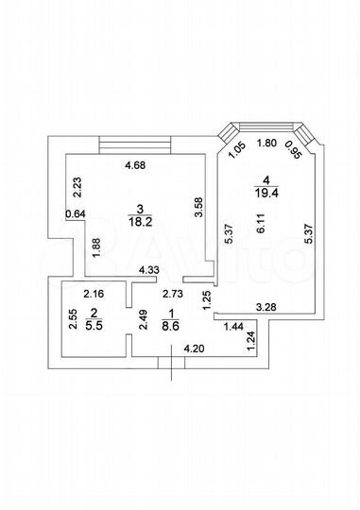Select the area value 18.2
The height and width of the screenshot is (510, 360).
(x=139, y=222)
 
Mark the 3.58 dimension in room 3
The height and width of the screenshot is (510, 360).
(x=197, y=209)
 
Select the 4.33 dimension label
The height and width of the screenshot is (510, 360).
(x=148, y=271)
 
